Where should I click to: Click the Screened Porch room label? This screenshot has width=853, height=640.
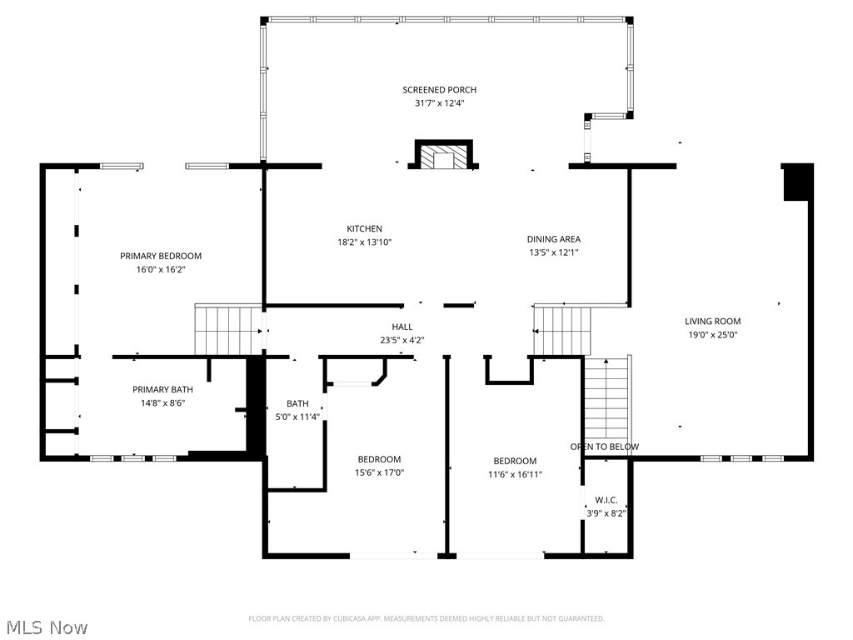click(x=439, y=90)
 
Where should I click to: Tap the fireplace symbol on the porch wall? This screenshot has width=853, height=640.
click(x=443, y=157)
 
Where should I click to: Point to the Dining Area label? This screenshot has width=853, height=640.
click(x=554, y=239)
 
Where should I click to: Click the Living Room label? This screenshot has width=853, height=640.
click(x=712, y=322)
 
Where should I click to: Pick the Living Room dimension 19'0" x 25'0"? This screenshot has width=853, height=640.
click(x=712, y=335)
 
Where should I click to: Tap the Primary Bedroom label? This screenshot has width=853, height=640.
click(x=161, y=256)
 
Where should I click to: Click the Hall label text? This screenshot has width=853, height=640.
click(x=402, y=327)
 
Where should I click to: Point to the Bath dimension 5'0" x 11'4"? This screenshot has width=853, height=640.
click(x=297, y=417)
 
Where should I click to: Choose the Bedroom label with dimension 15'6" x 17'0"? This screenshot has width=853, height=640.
click(x=379, y=459)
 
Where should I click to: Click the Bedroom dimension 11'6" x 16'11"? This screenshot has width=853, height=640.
click(x=515, y=475)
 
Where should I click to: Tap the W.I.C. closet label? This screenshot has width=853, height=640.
click(x=606, y=500)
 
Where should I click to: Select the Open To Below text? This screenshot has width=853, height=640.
click(x=605, y=447)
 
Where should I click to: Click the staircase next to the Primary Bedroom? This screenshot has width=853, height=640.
click(x=228, y=329)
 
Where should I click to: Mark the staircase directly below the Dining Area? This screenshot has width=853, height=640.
click(x=561, y=330)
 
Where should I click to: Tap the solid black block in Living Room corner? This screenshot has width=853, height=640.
click(x=797, y=182)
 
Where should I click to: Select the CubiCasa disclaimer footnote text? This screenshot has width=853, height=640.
click(x=426, y=618)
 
